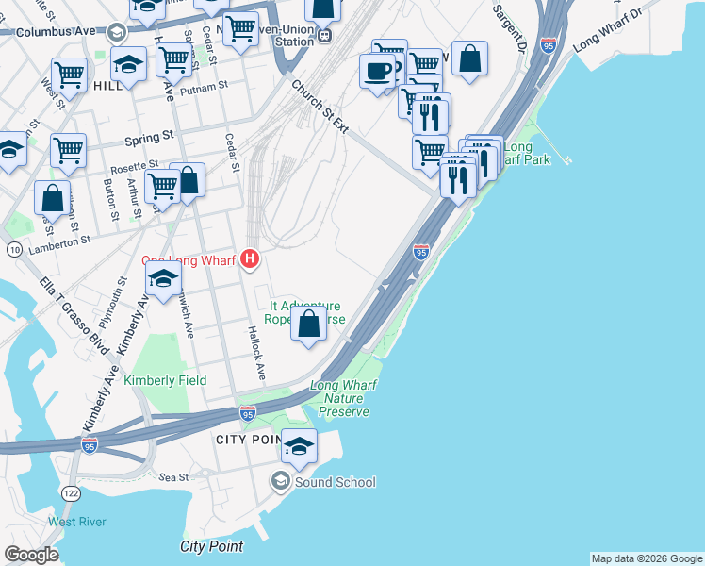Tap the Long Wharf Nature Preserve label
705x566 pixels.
pos(344,398)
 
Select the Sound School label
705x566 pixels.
pos(336,482)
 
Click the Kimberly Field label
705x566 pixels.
pos(169,380)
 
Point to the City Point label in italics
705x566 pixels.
pos(211,546)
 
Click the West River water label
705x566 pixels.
pos(77,522)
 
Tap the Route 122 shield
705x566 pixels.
pos(71,492)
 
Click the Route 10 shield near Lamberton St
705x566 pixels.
pos(14,250)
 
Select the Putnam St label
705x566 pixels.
pos(209,86)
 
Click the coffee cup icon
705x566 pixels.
pos(377,71)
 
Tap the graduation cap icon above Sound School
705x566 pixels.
pos(299,446)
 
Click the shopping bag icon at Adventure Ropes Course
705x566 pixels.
pos(308,324)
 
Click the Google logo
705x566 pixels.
pos(30,555)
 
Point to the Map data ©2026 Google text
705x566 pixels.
pos(647,558)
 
